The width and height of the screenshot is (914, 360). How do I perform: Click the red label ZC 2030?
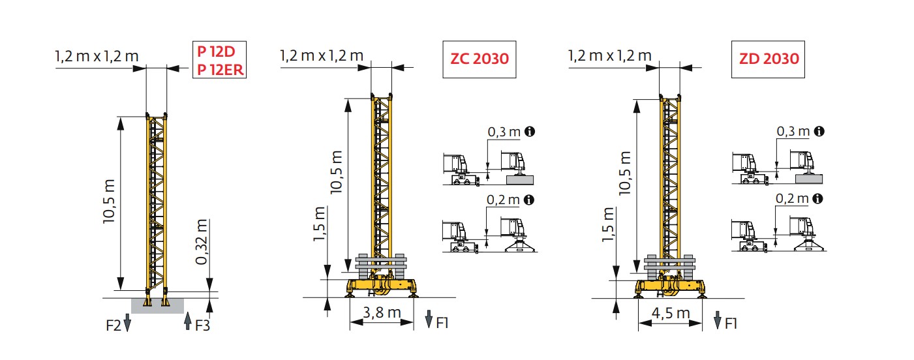click(x=479, y=59)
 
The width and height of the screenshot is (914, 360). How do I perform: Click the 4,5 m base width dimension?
click(x=670, y=313)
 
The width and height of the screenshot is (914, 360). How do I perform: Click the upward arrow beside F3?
click(x=188, y=321)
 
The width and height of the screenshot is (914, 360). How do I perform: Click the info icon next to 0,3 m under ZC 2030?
click(x=530, y=132)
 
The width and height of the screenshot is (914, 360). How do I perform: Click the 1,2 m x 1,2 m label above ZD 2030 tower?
click(x=609, y=56)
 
